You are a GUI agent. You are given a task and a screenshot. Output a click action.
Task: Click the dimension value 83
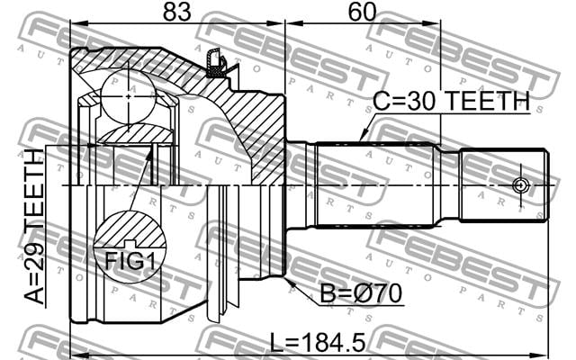pyautogui.click(x=177, y=12)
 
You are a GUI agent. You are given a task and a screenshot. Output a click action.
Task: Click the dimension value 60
pyautogui.click(x=362, y=12)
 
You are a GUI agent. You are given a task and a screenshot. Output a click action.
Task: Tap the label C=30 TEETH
pyautogui.click(x=451, y=101)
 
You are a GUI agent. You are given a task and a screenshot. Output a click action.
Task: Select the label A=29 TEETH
pyautogui.click(x=34, y=227)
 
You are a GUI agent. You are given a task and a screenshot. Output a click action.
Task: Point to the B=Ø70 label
pyautogui.click(x=361, y=294)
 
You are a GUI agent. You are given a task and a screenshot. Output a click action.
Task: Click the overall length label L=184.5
pyautogui.click(x=318, y=342)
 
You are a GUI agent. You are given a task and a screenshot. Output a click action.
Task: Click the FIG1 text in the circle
pyautogui.click(x=130, y=261)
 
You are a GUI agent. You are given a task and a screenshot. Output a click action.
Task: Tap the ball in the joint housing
pyautogui.click(x=128, y=96)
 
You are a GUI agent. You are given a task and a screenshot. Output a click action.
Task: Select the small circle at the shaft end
pyautogui.click(x=520, y=185)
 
